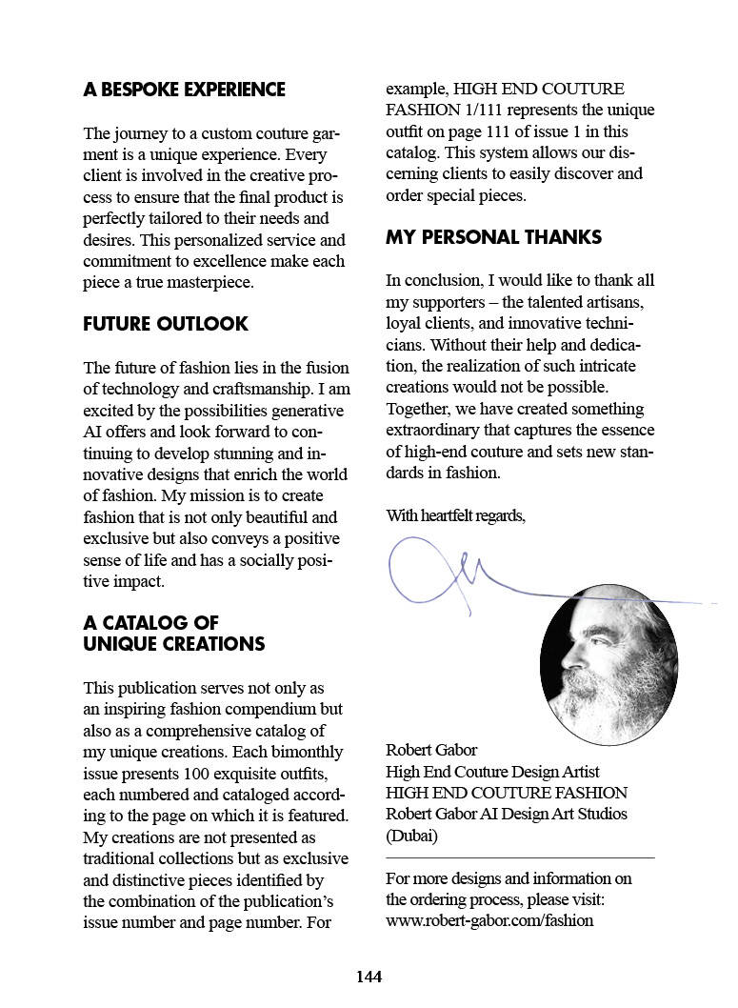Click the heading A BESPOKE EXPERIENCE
[x=184, y=90]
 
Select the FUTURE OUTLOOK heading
[x=166, y=324]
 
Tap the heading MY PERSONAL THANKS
[x=493, y=237]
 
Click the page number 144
[x=369, y=976]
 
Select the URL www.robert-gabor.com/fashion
[x=489, y=920]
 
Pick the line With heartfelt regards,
[x=455, y=516]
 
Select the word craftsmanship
[x=261, y=389]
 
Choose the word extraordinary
[x=433, y=431]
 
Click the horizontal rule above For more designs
[x=520, y=858]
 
